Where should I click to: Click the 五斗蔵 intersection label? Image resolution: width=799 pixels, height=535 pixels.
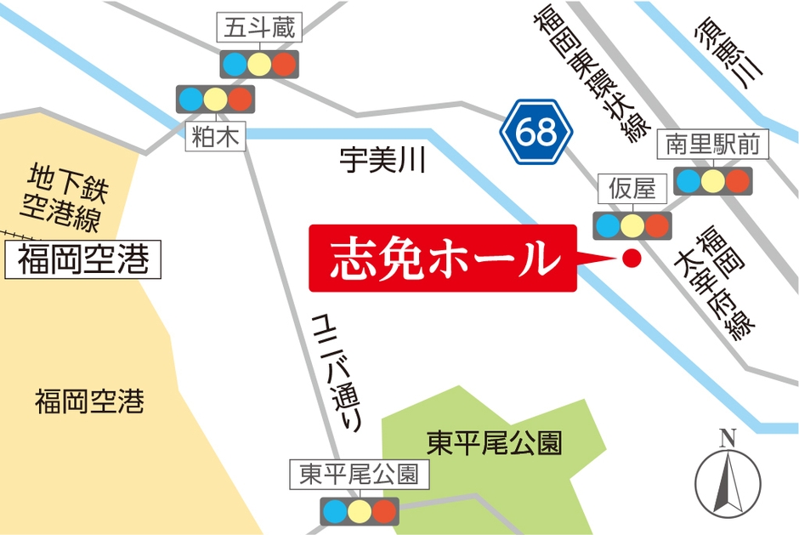click(x=258, y=29)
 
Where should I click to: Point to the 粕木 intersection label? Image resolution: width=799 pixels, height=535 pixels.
click(x=217, y=137)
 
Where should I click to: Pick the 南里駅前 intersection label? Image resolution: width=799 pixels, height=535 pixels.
click(x=713, y=145)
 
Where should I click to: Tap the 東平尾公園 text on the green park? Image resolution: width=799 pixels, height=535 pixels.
click(x=494, y=443)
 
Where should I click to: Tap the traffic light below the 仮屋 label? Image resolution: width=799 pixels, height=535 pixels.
click(x=631, y=225)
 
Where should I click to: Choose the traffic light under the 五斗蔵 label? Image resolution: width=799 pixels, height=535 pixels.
click(x=258, y=64)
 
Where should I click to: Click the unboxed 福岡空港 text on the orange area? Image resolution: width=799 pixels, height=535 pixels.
click(x=88, y=401)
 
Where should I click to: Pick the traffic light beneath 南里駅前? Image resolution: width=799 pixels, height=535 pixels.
click(x=712, y=180)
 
